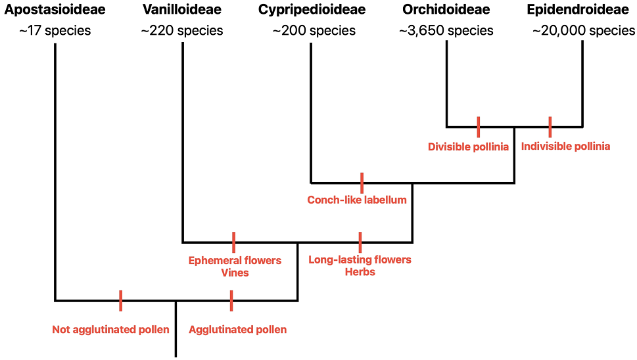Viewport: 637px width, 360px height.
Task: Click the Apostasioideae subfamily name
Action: click(x=55, y=10)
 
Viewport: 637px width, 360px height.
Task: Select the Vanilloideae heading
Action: click(x=182, y=10)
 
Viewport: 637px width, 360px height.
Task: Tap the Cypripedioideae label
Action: click(x=312, y=10)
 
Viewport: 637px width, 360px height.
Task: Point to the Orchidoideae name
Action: click(x=446, y=10)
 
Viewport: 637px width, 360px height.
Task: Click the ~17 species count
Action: click(x=55, y=31)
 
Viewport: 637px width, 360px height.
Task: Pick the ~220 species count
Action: click(x=182, y=31)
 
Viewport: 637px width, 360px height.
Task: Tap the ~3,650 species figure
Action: click(x=446, y=31)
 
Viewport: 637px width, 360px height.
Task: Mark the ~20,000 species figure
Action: click(x=584, y=31)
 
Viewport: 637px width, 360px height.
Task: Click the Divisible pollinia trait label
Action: click(x=468, y=147)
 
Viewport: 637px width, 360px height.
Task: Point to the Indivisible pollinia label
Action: click(x=565, y=146)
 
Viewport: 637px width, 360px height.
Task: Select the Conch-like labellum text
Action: click(x=357, y=200)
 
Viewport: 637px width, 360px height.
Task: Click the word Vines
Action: click(x=235, y=273)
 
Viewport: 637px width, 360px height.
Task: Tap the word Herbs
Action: click(x=360, y=272)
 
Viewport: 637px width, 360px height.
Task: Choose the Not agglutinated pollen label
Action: click(x=110, y=330)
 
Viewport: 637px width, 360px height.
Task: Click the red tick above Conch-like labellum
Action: click(x=362, y=183)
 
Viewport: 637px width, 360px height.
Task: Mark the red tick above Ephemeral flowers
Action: click(x=233, y=242)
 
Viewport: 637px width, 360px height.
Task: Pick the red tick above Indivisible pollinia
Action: click(x=550, y=127)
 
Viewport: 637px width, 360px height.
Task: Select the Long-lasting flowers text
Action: click(x=360, y=259)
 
